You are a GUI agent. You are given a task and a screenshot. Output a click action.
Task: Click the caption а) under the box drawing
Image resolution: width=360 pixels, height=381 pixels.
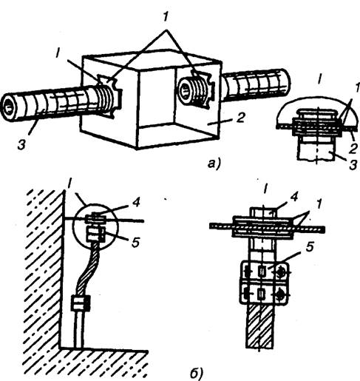tap(214, 163)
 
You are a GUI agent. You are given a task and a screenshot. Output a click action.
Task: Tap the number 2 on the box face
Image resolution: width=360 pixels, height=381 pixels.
tap(240, 118)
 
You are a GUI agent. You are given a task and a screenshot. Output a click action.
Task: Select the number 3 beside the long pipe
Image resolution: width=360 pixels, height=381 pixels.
tap(21, 145)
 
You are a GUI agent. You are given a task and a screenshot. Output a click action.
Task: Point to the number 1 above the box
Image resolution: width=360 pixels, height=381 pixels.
tap(165, 18)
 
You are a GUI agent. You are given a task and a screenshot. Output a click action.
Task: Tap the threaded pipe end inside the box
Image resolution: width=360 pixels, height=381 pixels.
tap(193, 90)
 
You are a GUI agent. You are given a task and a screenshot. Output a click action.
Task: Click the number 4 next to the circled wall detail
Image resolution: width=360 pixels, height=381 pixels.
tap(135, 203)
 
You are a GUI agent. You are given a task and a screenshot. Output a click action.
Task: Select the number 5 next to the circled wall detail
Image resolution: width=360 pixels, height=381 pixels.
tap(135, 243)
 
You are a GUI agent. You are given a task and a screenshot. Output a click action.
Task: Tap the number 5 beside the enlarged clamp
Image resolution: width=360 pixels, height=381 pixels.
tap(310, 248)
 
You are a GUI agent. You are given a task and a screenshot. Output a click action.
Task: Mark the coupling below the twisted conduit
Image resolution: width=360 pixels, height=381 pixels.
tap(81, 304)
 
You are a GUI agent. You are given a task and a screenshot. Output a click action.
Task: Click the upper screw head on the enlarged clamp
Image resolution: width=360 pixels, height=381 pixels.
tap(281, 272)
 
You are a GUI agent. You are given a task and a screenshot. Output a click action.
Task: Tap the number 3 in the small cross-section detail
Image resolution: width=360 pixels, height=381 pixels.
tap(353, 165)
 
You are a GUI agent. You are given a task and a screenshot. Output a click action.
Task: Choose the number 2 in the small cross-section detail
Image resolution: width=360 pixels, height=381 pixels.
tap(353, 149)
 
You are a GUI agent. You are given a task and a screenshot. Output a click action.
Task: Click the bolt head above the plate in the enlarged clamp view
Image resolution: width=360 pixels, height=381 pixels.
tap(264, 212)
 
